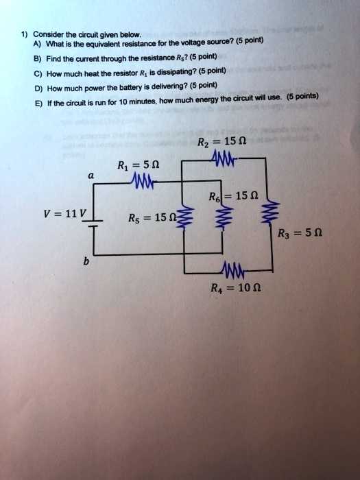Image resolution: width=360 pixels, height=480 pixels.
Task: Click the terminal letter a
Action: [x=91, y=176]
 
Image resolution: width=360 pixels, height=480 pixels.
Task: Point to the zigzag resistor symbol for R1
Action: [x=151, y=182]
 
